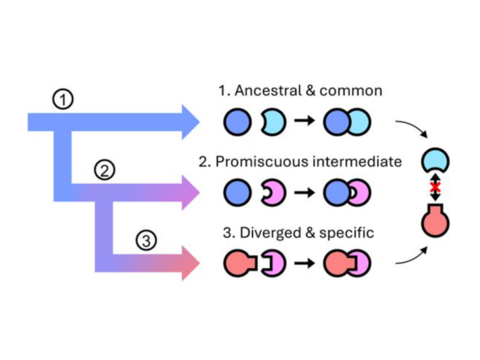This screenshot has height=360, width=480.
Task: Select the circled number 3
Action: coord(146,240)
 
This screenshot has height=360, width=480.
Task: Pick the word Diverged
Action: coord(264,233)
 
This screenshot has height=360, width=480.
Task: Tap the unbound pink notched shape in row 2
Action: coord(273,194)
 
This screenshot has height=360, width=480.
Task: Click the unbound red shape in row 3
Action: coord(240,264)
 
